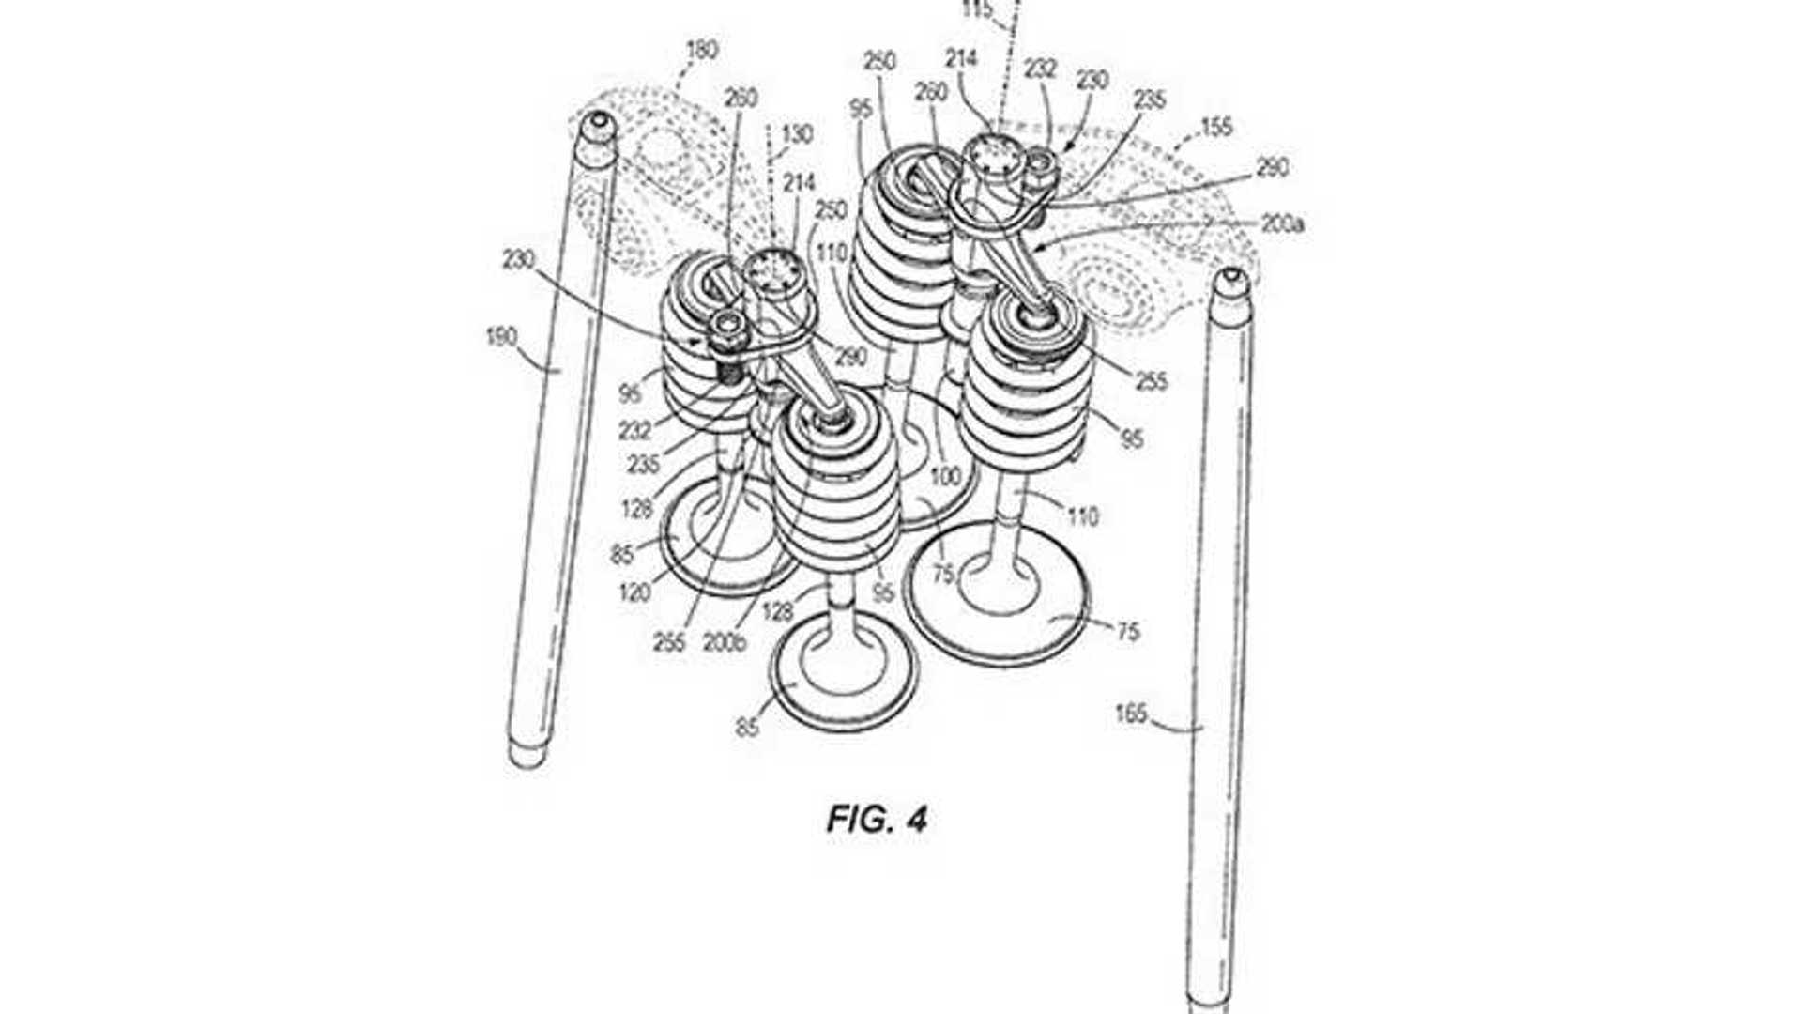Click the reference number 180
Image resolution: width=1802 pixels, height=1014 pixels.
pyautogui.click(x=703, y=51)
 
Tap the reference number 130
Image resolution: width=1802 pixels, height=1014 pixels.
pyautogui.click(x=797, y=134)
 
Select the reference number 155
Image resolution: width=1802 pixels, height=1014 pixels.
pyautogui.click(x=1217, y=126)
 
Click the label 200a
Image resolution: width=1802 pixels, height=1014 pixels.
pyautogui.click(x=1282, y=223)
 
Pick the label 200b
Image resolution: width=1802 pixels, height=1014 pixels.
pyautogui.click(x=724, y=644)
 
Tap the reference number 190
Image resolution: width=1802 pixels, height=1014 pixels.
pyautogui.click(x=501, y=335)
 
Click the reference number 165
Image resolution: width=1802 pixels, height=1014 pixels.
pyautogui.click(x=1131, y=714)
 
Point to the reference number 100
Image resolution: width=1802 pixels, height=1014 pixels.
pyautogui.click(x=944, y=477)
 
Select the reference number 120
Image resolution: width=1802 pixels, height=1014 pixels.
pyautogui.click(x=635, y=592)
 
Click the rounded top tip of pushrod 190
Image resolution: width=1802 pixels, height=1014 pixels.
pyautogui.click(x=596, y=123)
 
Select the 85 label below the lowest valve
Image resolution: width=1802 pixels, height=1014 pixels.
pyautogui.click(x=747, y=727)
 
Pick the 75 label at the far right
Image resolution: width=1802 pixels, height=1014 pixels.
pyautogui.click(x=1128, y=631)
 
